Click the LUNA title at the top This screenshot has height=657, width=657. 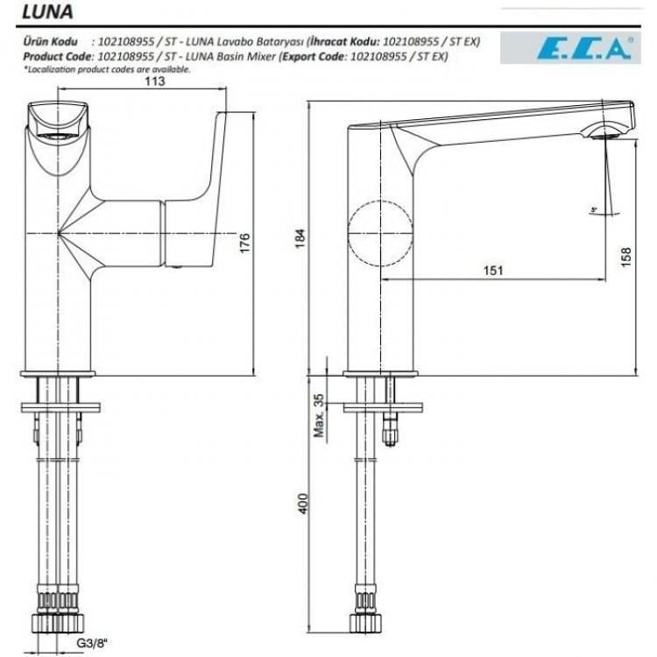click(x=44, y=13)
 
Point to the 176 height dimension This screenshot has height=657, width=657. click(x=245, y=242)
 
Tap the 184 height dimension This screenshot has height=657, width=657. click(x=299, y=237)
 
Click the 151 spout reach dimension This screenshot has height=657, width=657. click(x=493, y=271)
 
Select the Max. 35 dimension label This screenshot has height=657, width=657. click(x=320, y=415)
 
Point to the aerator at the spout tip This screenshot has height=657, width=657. click(x=606, y=134)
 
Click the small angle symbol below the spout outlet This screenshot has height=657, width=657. click(x=595, y=209)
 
